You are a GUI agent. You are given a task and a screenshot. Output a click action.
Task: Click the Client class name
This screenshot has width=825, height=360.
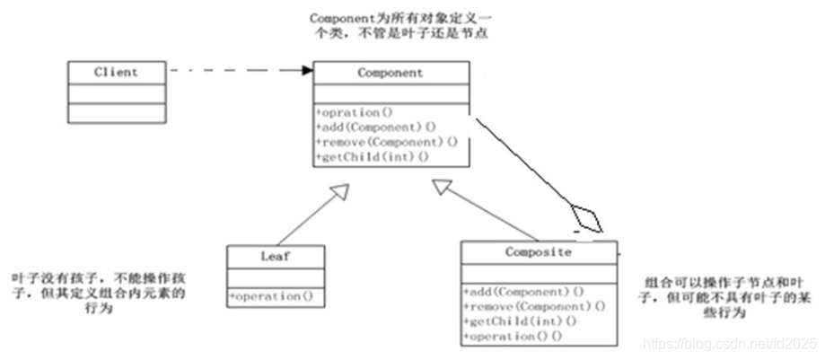[116, 72]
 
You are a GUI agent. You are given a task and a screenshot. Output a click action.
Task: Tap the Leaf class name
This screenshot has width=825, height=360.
[274, 255]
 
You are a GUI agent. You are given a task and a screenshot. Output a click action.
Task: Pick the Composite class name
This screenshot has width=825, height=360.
[538, 252]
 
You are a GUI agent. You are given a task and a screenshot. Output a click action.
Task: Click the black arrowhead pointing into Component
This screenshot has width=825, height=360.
[307, 70]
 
